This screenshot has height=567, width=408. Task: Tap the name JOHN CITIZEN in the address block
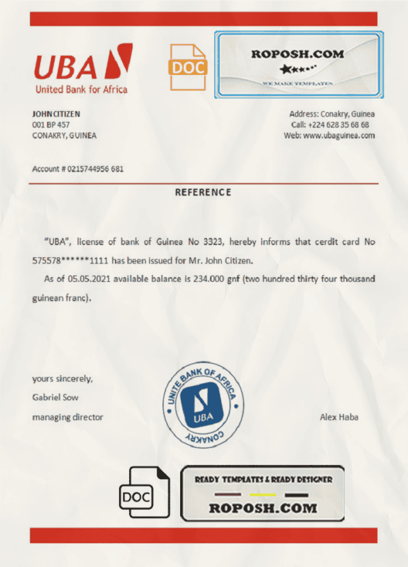click(56, 114)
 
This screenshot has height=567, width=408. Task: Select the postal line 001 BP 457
click(51, 125)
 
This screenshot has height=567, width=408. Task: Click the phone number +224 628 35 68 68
click(339, 125)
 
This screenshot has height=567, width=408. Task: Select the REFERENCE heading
click(203, 192)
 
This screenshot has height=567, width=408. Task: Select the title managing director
click(68, 417)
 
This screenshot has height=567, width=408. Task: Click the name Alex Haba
click(339, 417)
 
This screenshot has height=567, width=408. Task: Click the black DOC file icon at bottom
click(145, 495)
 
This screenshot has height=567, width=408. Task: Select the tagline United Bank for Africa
click(81, 89)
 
